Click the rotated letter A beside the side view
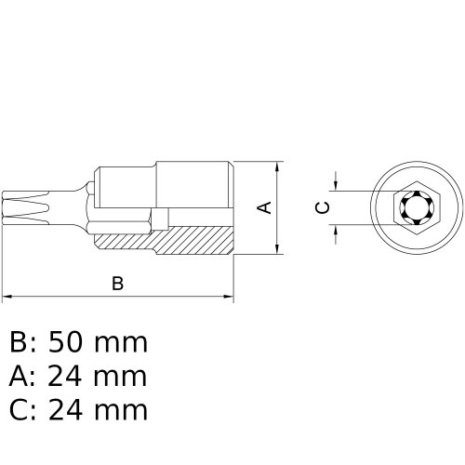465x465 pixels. click(x=265, y=206)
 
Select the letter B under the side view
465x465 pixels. click(x=117, y=284)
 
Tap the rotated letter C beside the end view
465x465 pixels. click(x=322, y=207)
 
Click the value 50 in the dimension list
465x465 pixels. click(x=75, y=343)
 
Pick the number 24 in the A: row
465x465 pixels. click(x=74, y=376)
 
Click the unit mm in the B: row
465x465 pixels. click(x=125, y=343)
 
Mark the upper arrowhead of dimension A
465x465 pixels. click(x=278, y=168)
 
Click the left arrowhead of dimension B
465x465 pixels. click(x=7, y=298)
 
